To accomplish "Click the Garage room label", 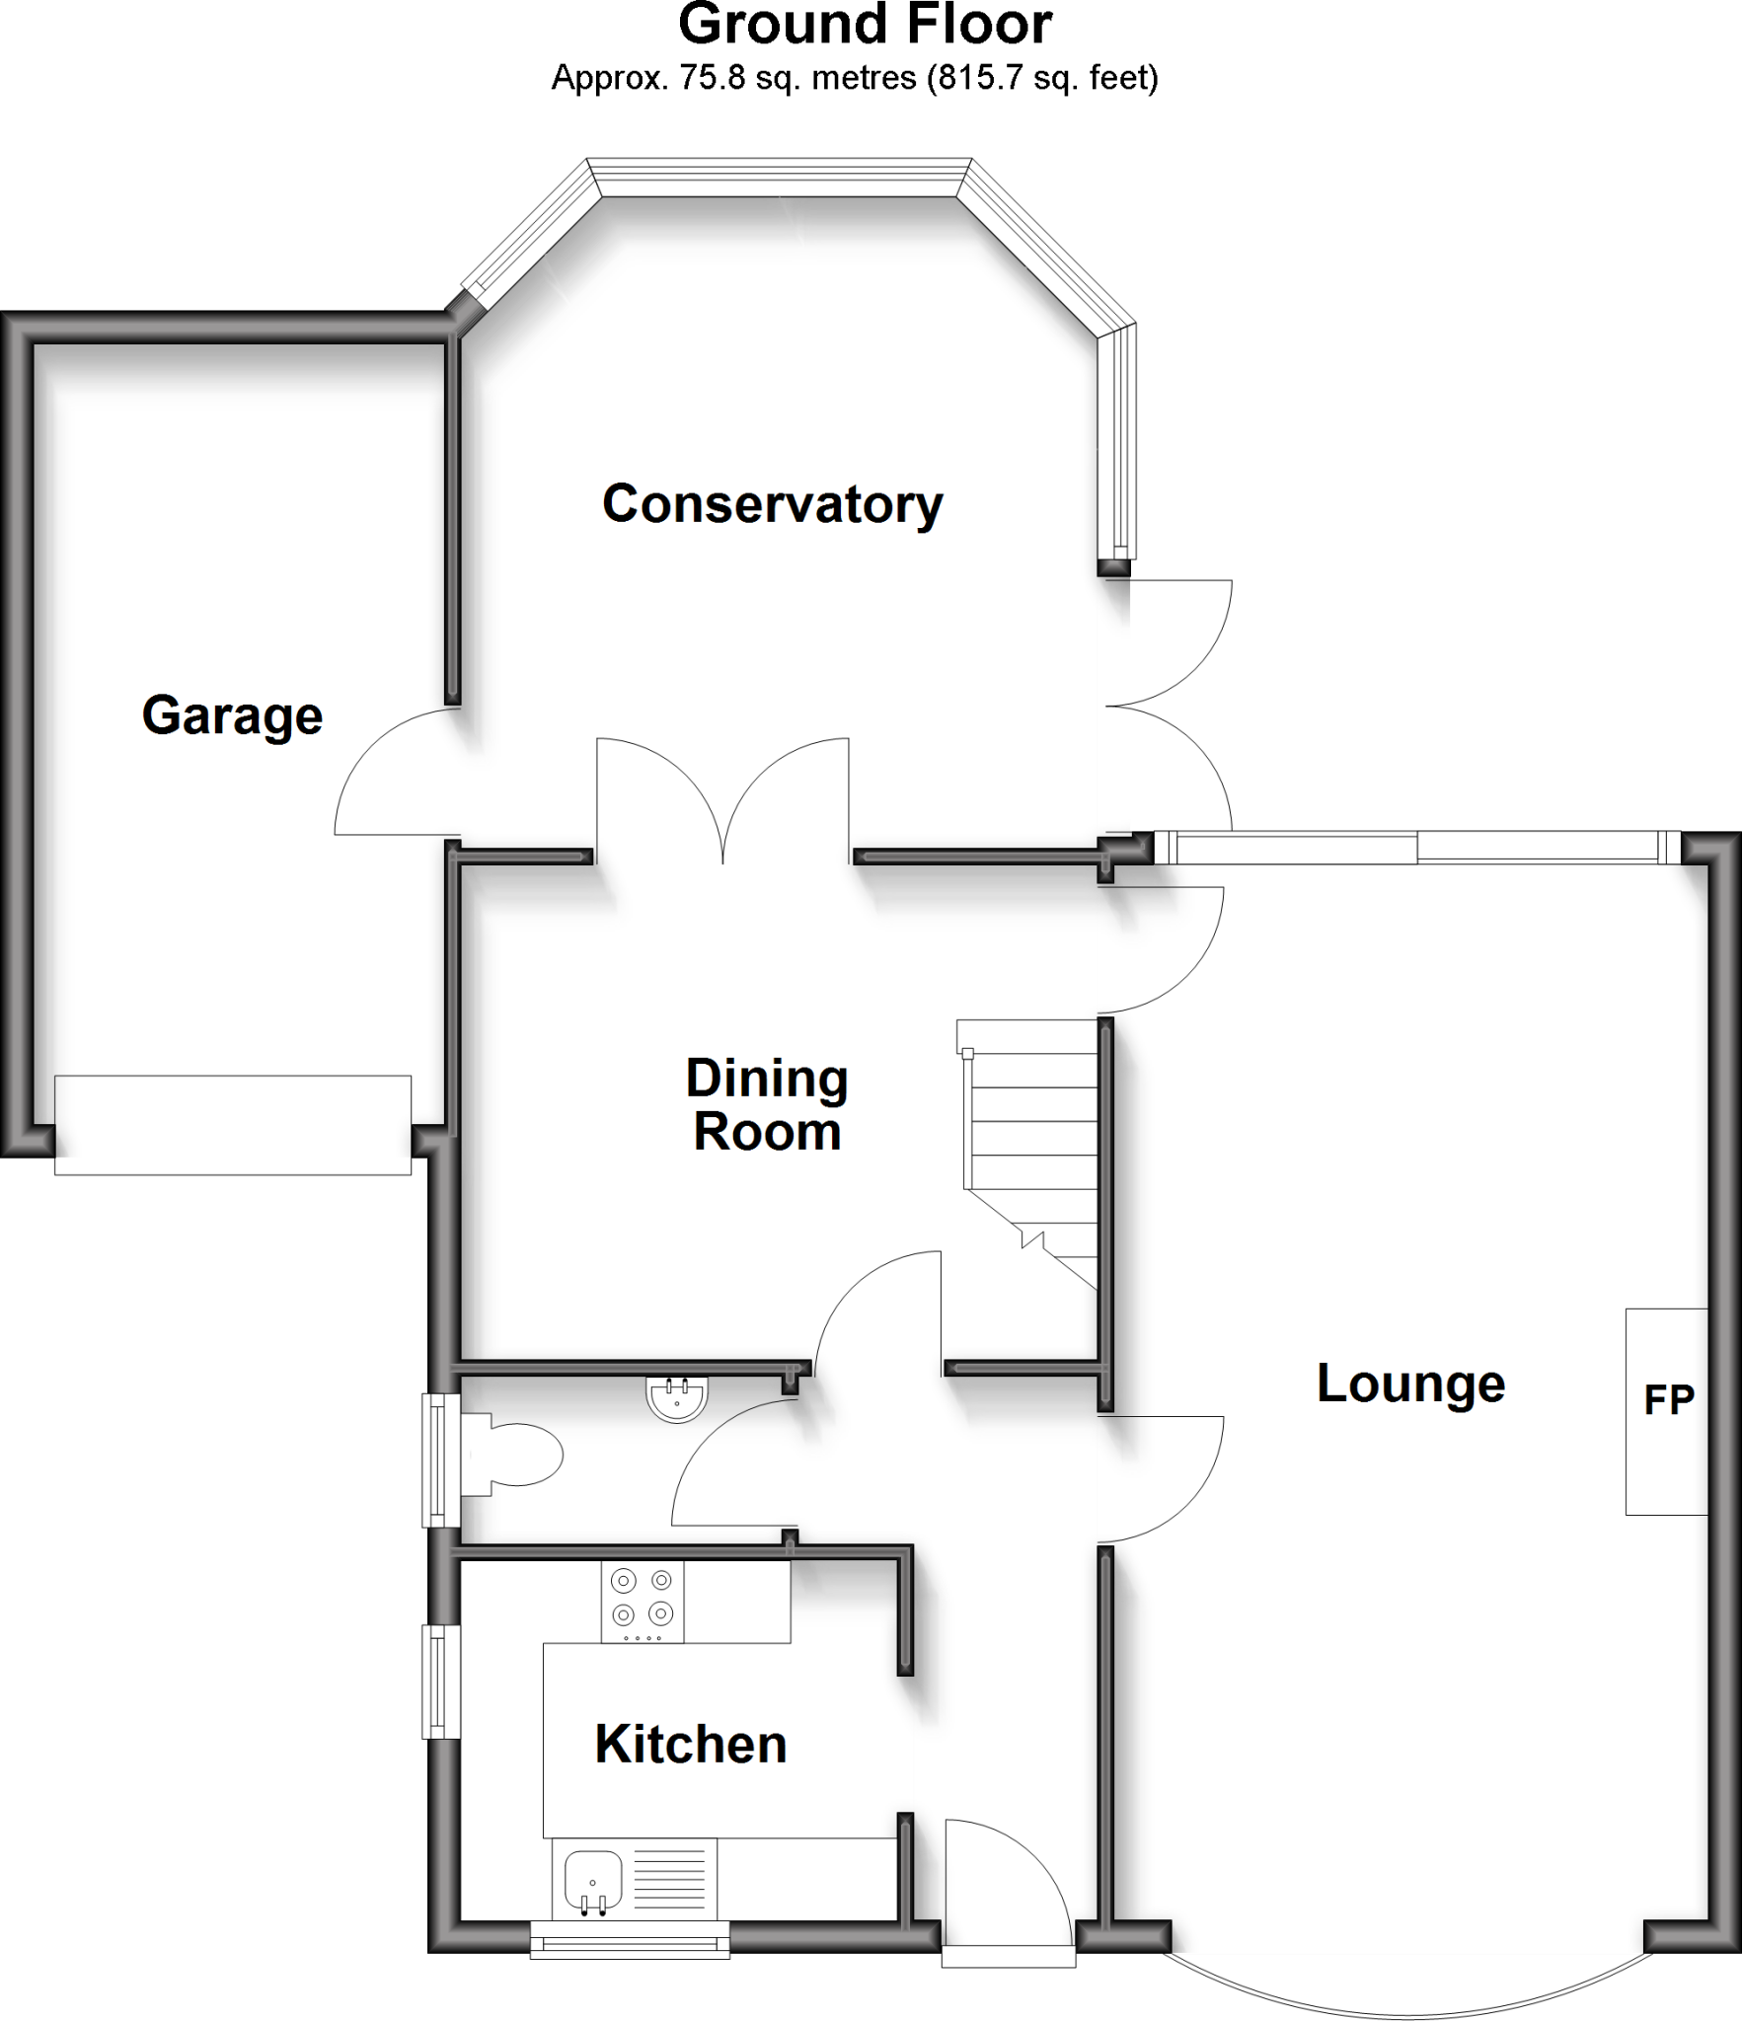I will pos(232,715).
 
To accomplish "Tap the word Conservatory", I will pos(772,504).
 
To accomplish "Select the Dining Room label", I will pos(767,1105).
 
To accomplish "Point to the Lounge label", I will pos(1410,1383).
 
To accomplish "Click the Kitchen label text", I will pos(691,1745).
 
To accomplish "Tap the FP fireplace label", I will pos(1668,1400).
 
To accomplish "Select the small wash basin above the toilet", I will pos(676,1399).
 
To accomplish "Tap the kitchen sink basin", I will pos(592,1880).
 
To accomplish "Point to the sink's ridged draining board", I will pos(668,1880).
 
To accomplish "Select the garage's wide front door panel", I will pos(233,1125).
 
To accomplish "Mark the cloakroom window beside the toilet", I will pos(440,1460).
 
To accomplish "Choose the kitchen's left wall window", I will pos(440,1682).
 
